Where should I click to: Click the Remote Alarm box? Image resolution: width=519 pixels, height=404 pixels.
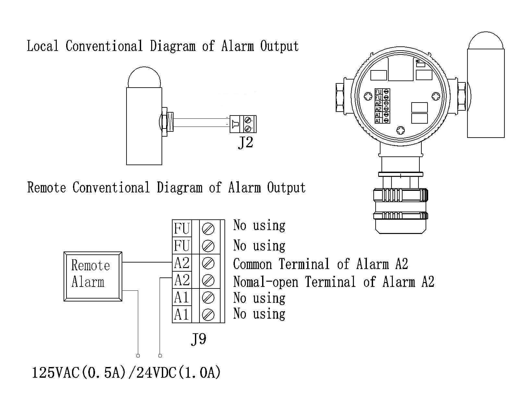click(93, 276)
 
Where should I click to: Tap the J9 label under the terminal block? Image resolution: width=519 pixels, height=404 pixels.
click(198, 339)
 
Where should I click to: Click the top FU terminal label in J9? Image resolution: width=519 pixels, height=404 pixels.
click(182, 228)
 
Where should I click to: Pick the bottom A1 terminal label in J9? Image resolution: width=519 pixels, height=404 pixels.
click(182, 314)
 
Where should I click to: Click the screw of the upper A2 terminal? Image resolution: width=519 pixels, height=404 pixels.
click(208, 263)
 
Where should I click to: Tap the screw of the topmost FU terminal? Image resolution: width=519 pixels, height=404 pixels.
click(208, 229)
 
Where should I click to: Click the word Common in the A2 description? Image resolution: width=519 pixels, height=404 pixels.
click(252, 264)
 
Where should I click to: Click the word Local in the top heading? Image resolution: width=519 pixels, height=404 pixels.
click(42, 46)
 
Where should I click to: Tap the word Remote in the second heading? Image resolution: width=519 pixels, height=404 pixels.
click(46, 188)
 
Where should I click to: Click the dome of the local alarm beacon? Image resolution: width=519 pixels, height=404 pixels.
click(144, 78)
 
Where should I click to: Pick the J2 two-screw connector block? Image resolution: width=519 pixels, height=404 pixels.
click(243, 124)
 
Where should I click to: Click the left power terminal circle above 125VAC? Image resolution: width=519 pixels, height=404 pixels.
click(138, 356)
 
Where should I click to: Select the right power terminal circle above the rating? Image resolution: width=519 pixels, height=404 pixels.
click(160, 356)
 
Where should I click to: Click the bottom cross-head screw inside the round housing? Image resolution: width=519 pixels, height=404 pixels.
click(401, 130)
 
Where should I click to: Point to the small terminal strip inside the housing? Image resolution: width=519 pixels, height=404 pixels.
click(382, 106)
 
